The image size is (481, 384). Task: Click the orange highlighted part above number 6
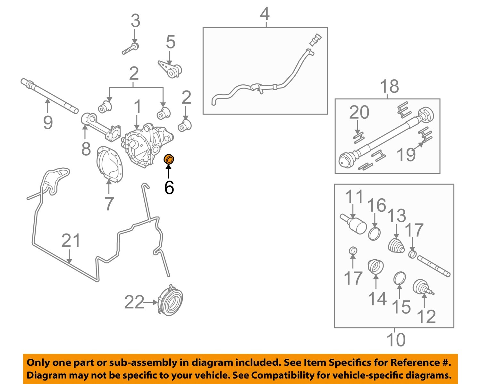(169, 159)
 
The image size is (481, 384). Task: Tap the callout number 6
(169, 187)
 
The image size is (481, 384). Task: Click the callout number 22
(134, 302)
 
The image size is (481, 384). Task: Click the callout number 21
(71, 241)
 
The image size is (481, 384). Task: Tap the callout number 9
(48, 123)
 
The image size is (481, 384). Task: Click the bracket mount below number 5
(170, 69)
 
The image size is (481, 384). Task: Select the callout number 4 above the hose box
(265, 14)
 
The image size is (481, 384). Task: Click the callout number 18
(389, 86)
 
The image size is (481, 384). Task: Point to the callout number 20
(359, 113)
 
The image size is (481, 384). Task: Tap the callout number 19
(406, 154)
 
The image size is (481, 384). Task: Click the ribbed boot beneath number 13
(396, 246)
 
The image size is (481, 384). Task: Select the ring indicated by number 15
(400, 278)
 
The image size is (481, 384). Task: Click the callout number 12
(426, 317)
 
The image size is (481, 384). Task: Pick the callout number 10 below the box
(396, 340)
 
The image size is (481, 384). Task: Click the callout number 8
(86, 149)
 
